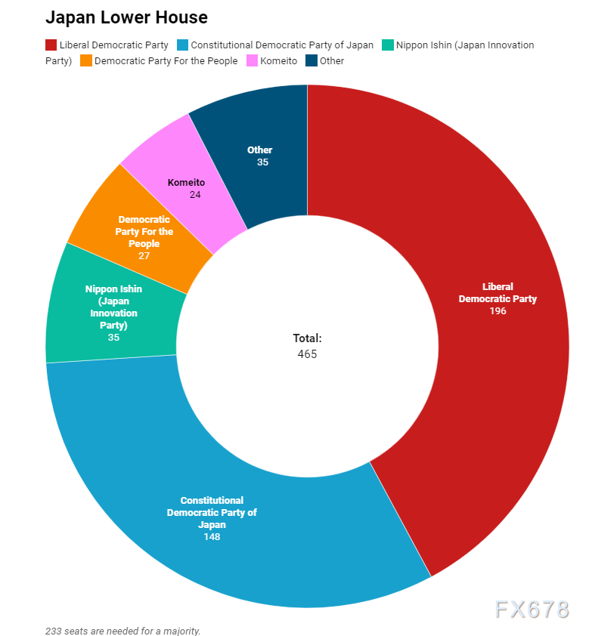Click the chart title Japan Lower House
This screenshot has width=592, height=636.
point(126,17)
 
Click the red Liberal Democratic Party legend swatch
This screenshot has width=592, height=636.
point(51,45)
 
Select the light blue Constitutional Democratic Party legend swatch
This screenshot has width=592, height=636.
point(182,45)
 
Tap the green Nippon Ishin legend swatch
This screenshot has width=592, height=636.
point(388,45)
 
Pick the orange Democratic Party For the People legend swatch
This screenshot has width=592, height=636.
point(85,60)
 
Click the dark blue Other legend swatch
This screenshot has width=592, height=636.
point(311,60)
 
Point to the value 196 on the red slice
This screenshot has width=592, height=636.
point(497,311)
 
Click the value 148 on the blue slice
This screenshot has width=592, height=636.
point(212,537)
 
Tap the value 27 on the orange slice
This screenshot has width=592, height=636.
point(144,256)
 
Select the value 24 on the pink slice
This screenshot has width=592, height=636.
point(196,194)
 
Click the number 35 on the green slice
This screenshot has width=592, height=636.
point(113,338)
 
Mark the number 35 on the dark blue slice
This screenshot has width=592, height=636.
point(262,162)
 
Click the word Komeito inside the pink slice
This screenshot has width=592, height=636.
point(186,182)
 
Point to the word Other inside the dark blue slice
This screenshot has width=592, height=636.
point(260,150)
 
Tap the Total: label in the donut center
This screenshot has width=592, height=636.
point(307,339)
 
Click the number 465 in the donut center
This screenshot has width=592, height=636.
point(307,354)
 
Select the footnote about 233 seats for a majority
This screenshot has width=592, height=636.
point(122,630)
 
